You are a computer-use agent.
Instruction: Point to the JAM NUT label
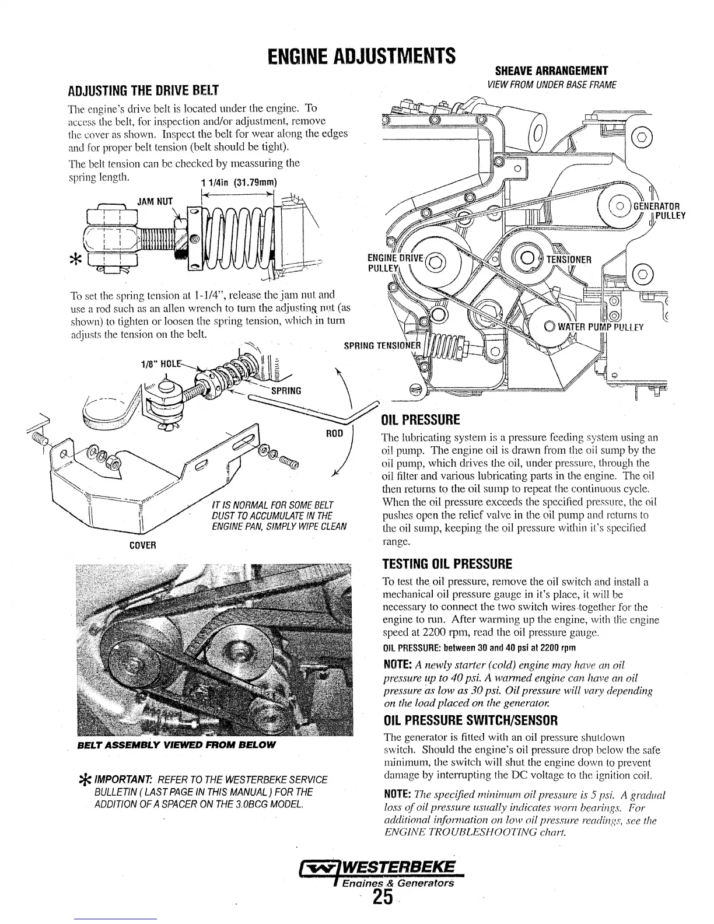[155, 202]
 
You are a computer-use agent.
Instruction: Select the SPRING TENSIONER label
[381, 345]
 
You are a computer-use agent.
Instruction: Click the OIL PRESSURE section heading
[420, 420]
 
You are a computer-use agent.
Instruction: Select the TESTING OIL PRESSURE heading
[446, 564]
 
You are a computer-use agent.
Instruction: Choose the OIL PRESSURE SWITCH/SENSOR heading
[470, 719]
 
